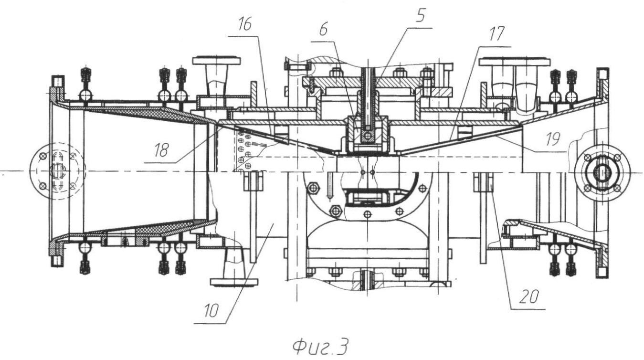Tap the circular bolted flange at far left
[x=57, y=171]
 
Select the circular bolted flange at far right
[x=602, y=171]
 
